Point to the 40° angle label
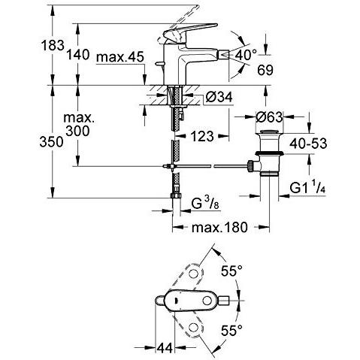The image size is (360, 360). pos(246,54)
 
